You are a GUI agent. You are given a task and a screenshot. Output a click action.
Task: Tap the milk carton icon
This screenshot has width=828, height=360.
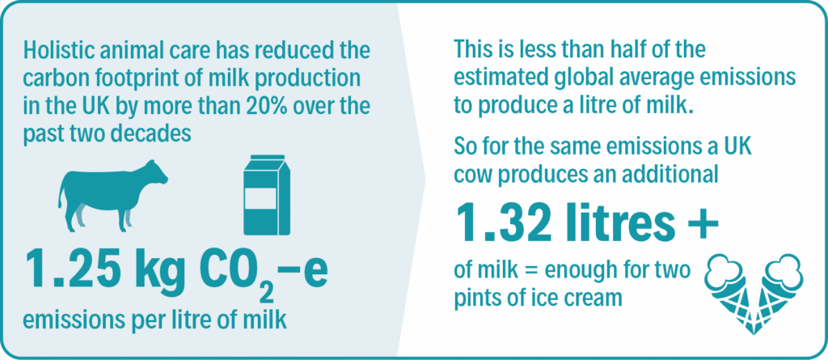(x=267, y=195)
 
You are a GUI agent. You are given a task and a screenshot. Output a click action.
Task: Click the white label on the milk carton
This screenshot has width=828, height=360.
(x=260, y=199)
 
